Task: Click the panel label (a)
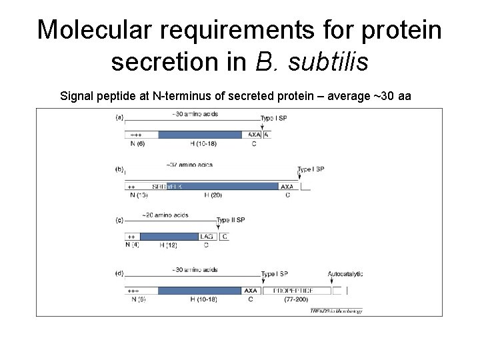click(x=119, y=117)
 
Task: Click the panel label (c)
click(x=119, y=219)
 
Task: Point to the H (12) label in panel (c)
click(x=169, y=245)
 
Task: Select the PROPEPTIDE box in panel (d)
click(x=297, y=291)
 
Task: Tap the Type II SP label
click(x=231, y=219)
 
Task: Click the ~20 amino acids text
click(x=165, y=215)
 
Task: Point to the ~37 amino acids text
click(x=189, y=164)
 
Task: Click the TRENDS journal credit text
click(x=336, y=311)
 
